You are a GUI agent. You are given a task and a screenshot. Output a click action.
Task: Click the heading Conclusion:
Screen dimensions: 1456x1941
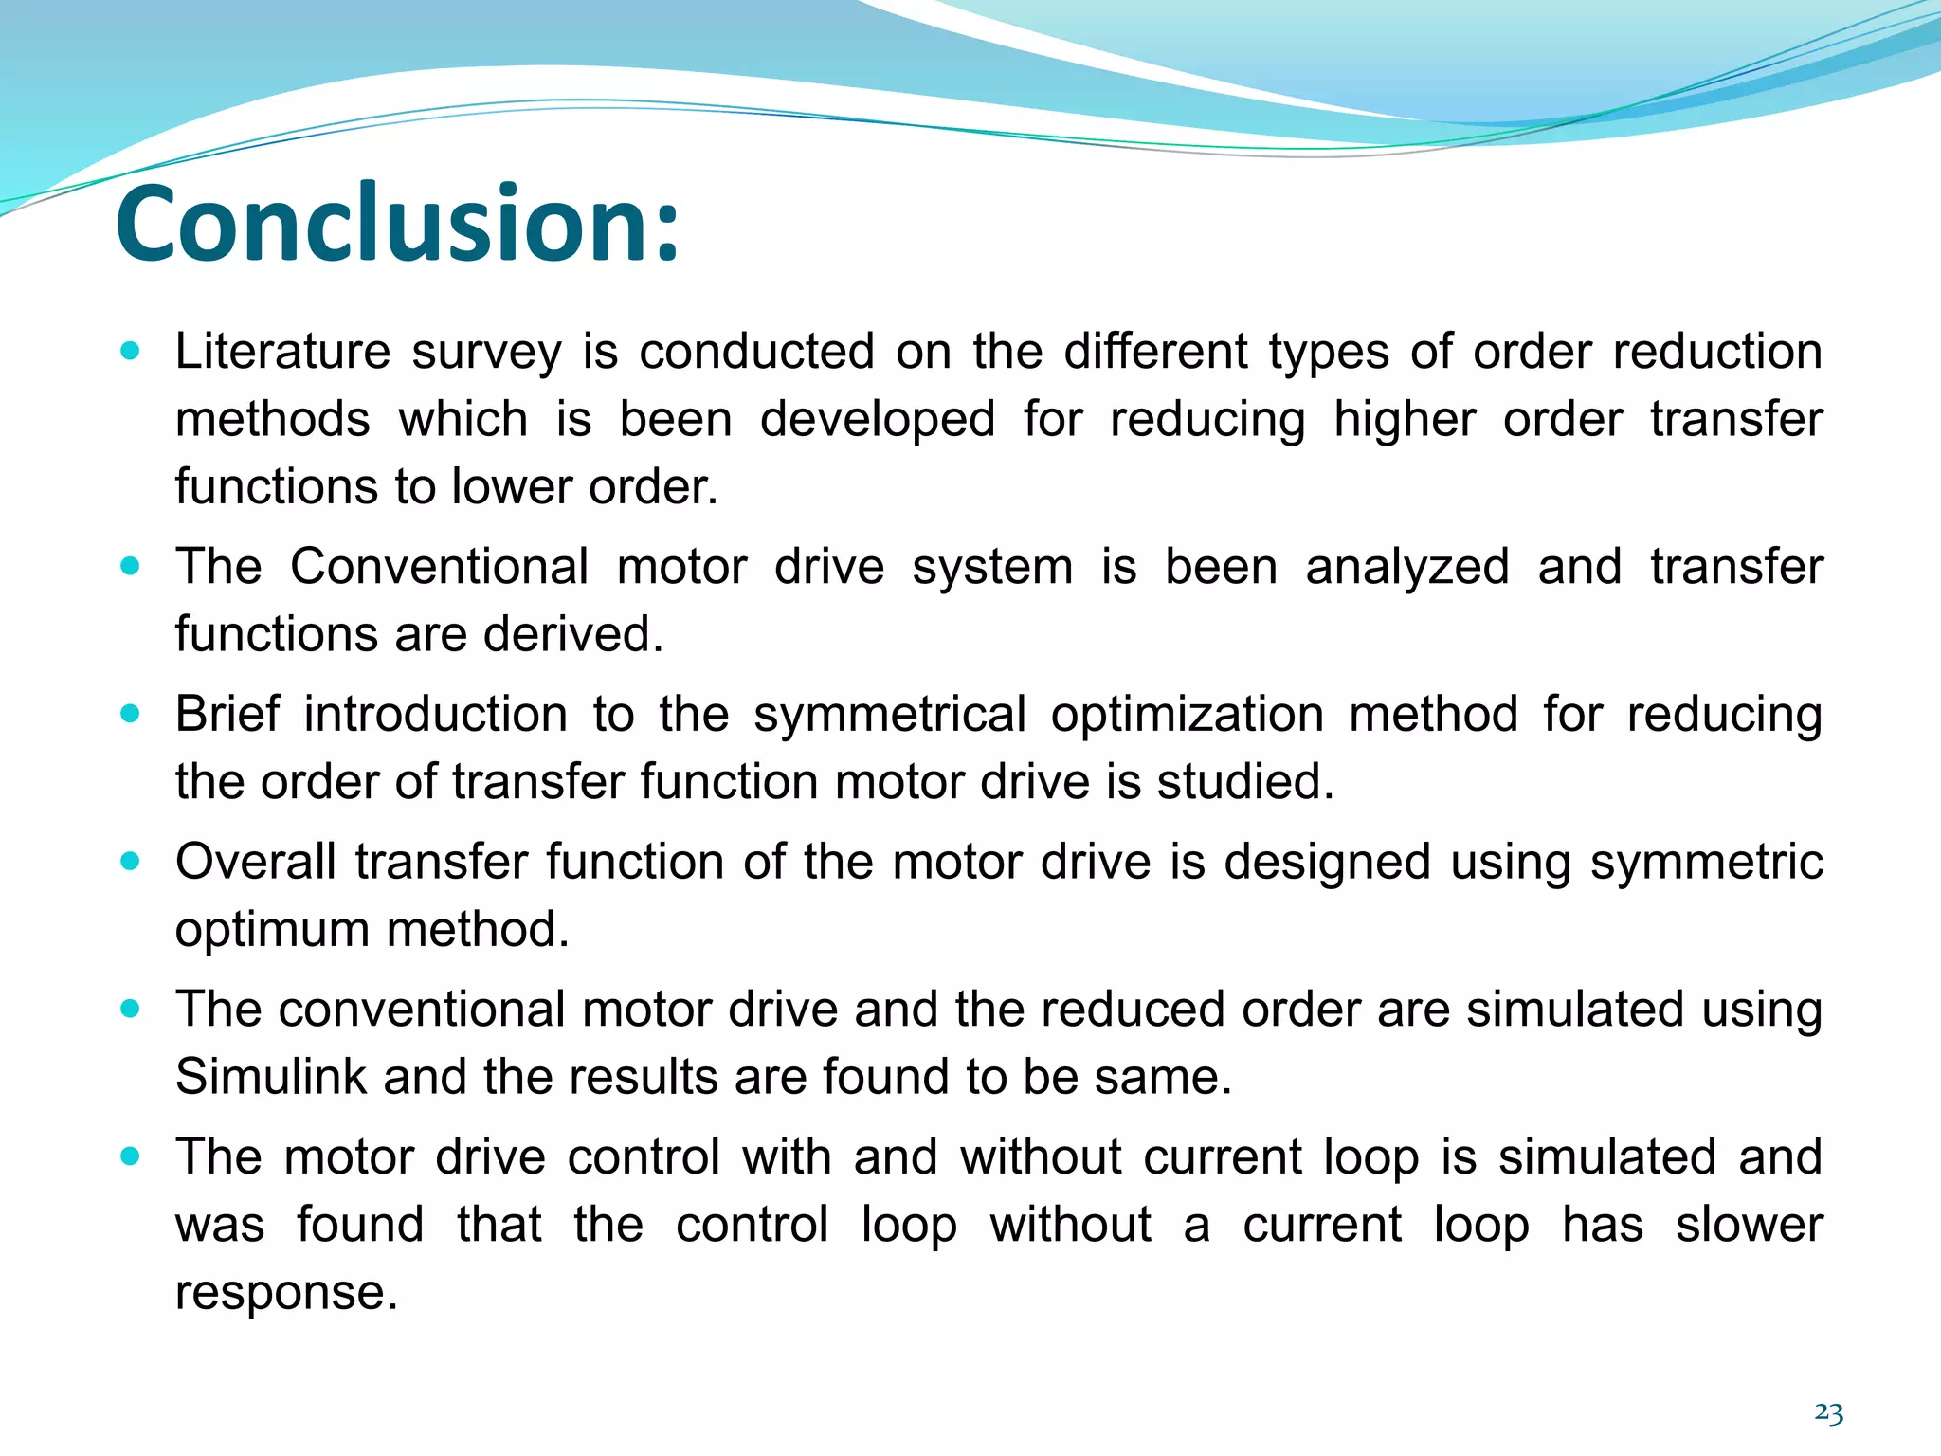tap(398, 224)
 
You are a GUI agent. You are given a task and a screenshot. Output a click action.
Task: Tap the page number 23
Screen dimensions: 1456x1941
tap(1828, 1413)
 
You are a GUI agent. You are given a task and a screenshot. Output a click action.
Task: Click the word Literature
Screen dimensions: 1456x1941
tap(282, 352)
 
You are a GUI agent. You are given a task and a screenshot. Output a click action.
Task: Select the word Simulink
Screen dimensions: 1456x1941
tap(271, 1078)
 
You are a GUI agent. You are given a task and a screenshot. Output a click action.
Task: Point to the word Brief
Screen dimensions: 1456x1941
tap(227, 714)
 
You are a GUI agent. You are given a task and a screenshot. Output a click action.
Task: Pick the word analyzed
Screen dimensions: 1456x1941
tap(1406, 567)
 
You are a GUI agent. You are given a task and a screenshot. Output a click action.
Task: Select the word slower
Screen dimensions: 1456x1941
tap(1749, 1225)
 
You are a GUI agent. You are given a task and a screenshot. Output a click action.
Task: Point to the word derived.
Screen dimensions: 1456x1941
tap(572, 634)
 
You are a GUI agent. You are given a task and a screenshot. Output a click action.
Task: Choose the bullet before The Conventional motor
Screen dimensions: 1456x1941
tap(131, 567)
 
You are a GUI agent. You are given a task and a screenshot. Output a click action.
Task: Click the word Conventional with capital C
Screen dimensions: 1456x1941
tap(440, 567)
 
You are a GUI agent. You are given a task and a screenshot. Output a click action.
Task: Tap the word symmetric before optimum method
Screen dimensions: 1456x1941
tap(1706, 862)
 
